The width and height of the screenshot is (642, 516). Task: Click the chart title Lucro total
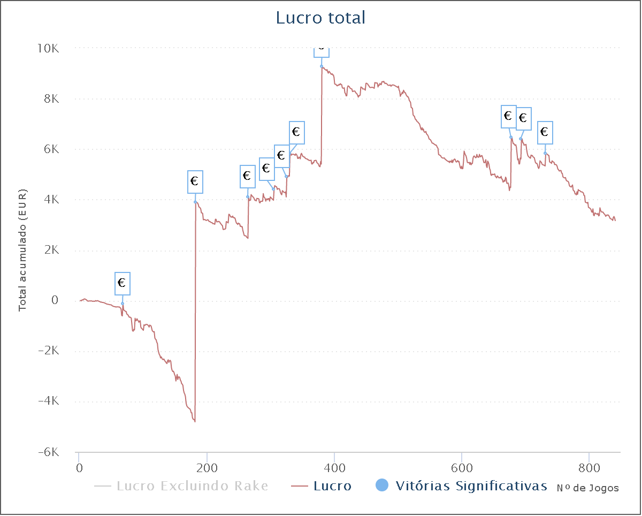320,18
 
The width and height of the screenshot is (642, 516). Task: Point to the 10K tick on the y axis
48,49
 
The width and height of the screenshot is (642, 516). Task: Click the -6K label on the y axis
48,452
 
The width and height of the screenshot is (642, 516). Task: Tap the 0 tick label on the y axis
55,300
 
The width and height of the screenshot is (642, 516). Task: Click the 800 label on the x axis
588,467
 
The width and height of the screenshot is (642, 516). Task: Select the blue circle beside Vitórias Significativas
382,485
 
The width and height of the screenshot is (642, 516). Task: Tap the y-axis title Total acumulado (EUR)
22,250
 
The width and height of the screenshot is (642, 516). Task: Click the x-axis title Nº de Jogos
587,488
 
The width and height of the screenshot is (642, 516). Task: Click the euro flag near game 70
122,283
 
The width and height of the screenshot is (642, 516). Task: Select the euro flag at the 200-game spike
195,181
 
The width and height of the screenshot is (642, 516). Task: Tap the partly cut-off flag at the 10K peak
321,51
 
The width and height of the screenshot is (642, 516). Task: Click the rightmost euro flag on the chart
545,132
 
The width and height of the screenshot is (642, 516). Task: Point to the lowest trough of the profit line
195,421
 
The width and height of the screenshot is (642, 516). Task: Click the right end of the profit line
615,219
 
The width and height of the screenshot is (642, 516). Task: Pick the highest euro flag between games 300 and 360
296,132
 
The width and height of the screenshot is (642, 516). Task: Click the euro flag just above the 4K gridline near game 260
247,176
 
